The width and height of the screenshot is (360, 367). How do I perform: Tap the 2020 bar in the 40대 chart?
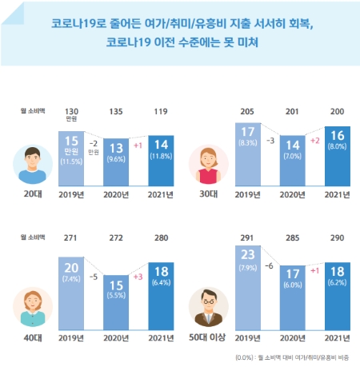[x=118, y=293]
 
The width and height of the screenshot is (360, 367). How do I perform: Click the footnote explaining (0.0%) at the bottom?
[x=298, y=357]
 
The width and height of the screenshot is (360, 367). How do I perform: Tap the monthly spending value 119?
[x=162, y=112]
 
